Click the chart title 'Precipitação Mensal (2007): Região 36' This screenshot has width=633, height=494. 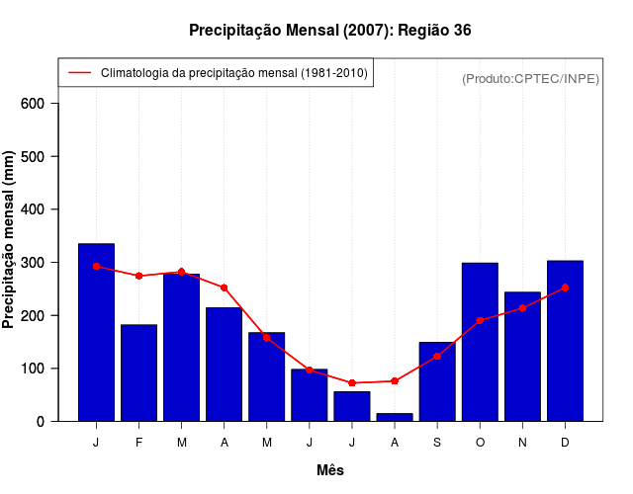(330, 31)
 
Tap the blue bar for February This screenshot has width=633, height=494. (138, 372)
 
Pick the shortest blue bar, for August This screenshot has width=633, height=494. (395, 417)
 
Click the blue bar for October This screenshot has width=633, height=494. (480, 342)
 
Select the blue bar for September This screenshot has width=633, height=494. (437, 381)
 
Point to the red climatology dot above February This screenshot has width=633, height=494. (138, 276)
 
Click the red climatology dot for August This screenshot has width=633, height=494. (395, 380)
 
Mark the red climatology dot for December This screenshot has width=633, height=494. (565, 288)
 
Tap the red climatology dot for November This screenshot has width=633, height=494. (522, 308)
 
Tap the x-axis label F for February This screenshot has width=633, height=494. (138, 443)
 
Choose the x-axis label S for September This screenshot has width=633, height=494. (437, 443)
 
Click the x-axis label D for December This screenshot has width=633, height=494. (565, 443)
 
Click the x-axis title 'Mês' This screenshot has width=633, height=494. (330, 470)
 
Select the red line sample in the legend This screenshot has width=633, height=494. (79, 72)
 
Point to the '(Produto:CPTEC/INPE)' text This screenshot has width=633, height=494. (530, 78)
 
